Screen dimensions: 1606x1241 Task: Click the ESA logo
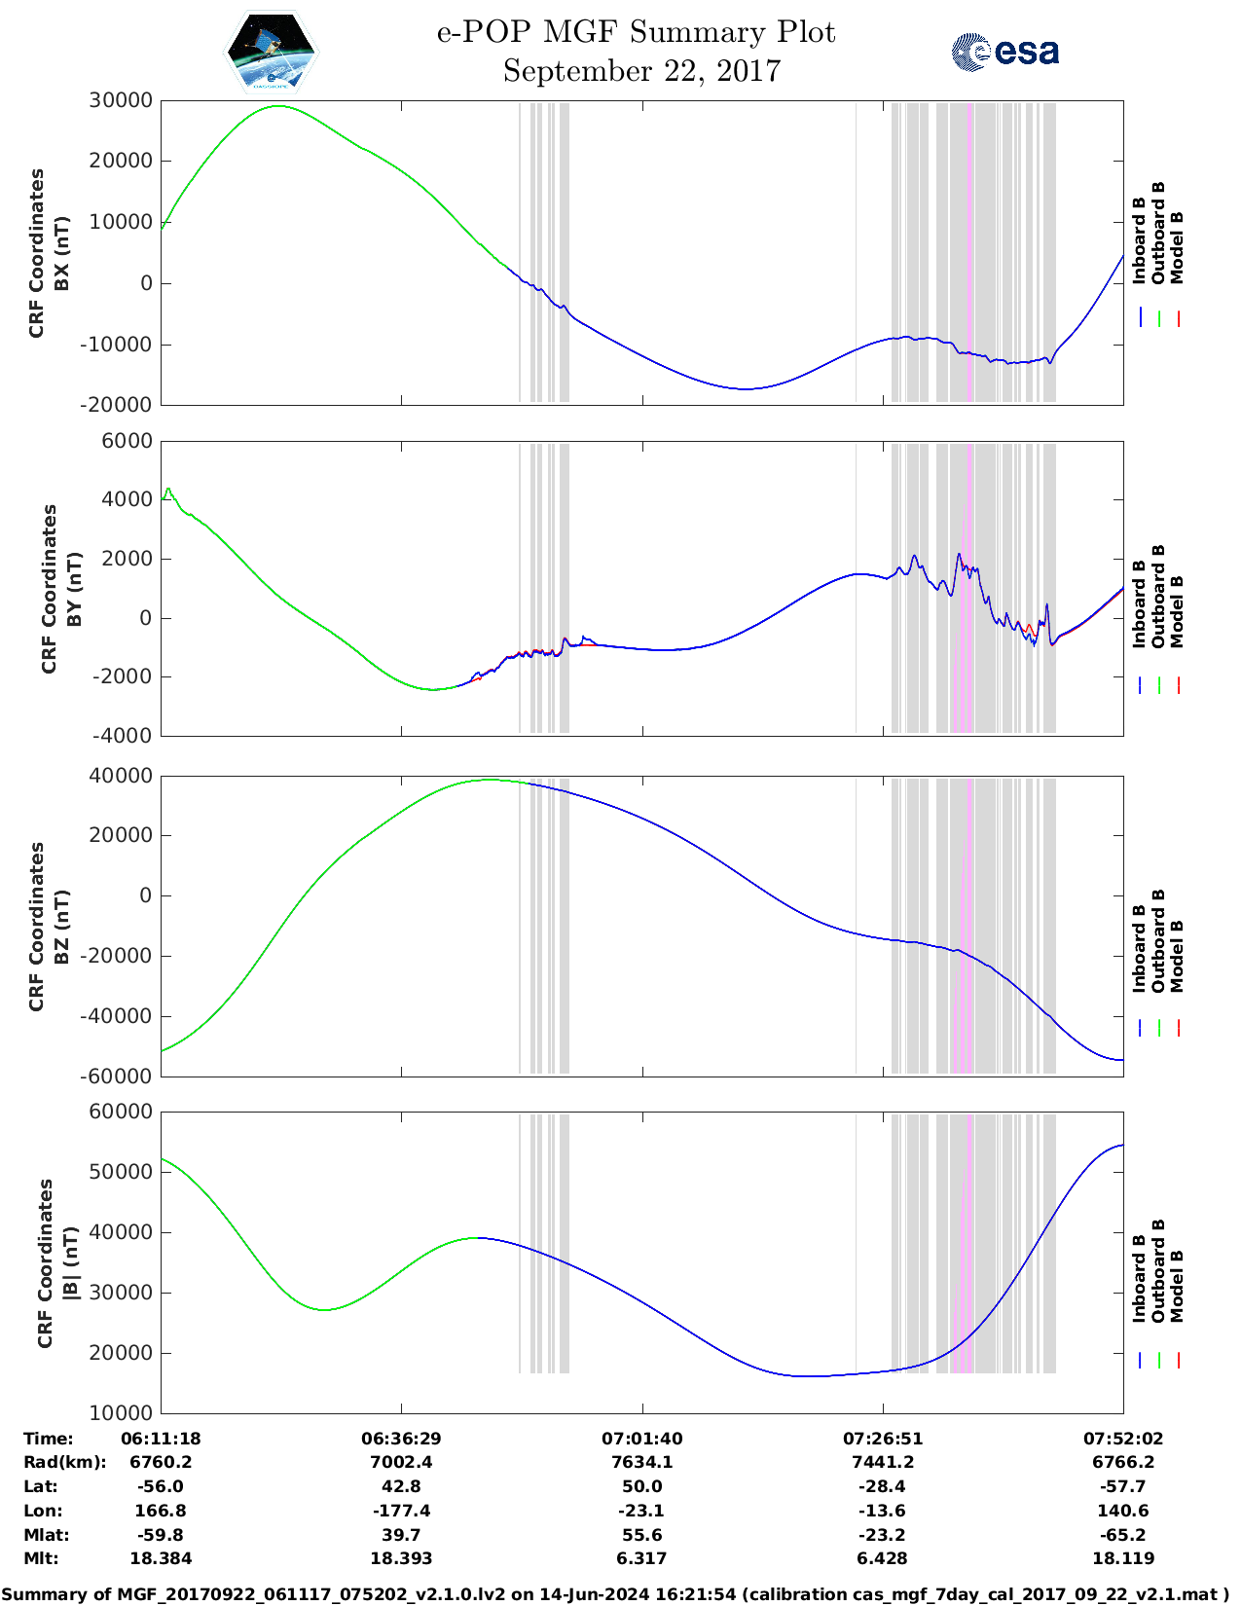click(1004, 52)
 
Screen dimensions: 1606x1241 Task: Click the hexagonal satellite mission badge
click(271, 52)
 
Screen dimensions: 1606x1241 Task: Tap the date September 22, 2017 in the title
click(641, 71)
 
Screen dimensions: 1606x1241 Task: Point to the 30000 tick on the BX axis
click(121, 100)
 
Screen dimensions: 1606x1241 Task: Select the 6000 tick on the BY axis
click(128, 441)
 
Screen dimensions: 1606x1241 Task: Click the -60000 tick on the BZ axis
click(118, 1076)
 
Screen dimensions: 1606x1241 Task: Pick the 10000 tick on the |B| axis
click(121, 1412)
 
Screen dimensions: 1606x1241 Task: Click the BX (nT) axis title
click(61, 253)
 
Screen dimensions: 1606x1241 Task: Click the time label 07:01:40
click(641, 1439)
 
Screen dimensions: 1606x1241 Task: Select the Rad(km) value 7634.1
click(641, 1462)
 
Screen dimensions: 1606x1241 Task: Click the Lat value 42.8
click(401, 1486)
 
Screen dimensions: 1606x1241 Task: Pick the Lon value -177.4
click(401, 1511)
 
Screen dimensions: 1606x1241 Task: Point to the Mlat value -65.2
click(1123, 1535)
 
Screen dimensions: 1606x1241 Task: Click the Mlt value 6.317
click(641, 1558)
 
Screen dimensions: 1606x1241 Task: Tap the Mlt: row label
click(41, 1558)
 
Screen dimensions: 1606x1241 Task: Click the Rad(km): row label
click(64, 1462)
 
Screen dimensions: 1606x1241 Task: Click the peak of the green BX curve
click(278, 106)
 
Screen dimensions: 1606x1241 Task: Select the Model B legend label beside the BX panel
click(1177, 247)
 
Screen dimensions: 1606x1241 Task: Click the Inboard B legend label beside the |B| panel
click(1139, 1278)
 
